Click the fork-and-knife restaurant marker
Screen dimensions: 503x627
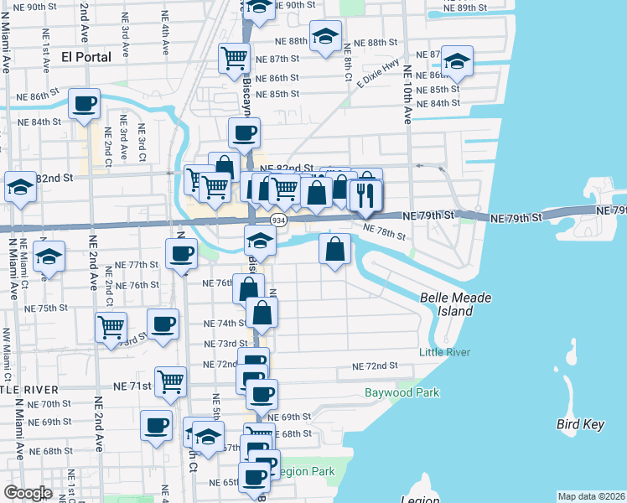point(365,194)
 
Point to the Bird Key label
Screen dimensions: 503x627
point(580,424)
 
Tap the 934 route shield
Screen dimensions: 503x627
point(276,219)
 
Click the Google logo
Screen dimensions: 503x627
point(28,493)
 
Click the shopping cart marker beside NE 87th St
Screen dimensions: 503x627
point(234,58)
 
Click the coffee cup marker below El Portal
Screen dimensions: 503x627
point(85,104)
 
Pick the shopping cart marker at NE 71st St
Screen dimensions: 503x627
point(171,381)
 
